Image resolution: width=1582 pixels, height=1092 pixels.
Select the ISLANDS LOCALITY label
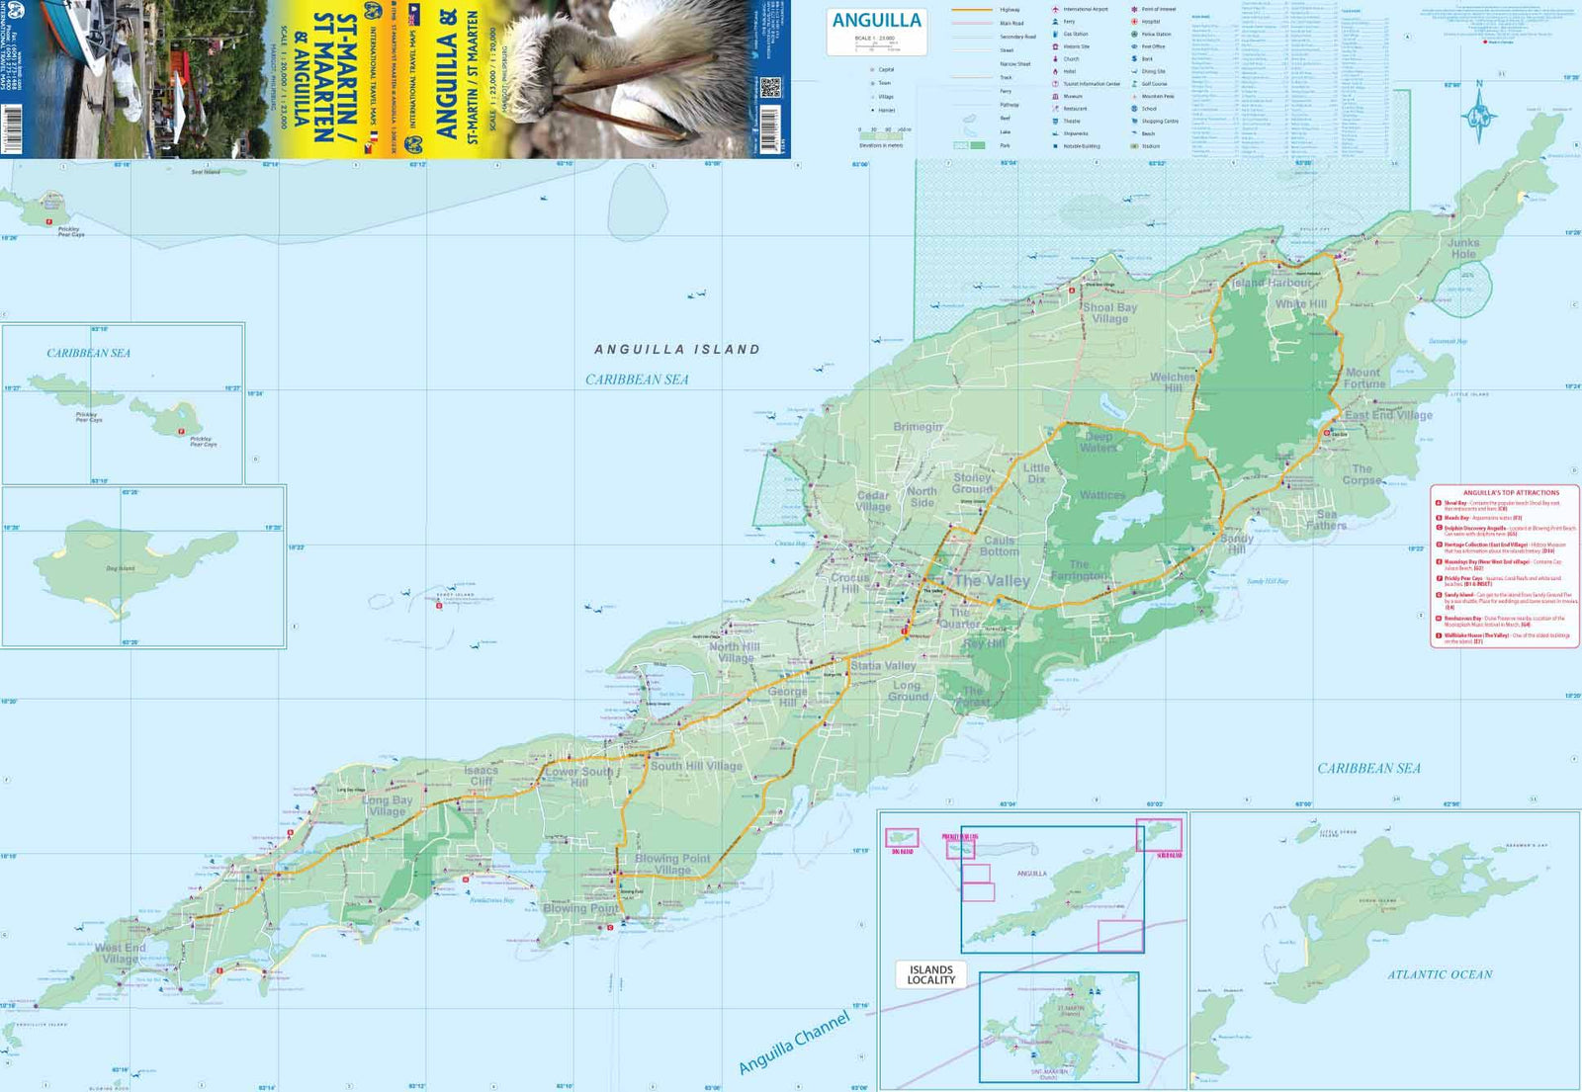[x=930, y=974]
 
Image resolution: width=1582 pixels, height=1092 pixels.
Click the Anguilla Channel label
[x=794, y=1042]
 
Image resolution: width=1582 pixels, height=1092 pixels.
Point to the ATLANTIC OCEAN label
[x=1439, y=974]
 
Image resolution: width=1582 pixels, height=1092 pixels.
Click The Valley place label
[x=992, y=580]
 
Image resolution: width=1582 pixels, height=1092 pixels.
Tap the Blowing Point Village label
[x=672, y=864]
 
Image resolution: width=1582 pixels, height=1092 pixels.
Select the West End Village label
[x=120, y=953]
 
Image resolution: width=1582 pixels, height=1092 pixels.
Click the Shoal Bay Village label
[x=1109, y=312]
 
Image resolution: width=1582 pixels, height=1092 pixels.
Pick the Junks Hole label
[x=1463, y=248]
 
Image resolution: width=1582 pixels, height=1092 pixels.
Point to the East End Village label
[x=1388, y=415]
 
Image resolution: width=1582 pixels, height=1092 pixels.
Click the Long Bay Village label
[x=388, y=805]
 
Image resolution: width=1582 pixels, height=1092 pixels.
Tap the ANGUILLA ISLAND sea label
[x=677, y=350]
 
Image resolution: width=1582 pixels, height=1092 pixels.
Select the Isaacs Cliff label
[x=482, y=775]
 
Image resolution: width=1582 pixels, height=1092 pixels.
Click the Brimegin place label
[x=918, y=427]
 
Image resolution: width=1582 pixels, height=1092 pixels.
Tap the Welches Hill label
[x=1173, y=382]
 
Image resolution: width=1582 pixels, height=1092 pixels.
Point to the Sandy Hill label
[x=1236, y=544]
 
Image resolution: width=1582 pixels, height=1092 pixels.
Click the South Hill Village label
[x=696, y=766]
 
